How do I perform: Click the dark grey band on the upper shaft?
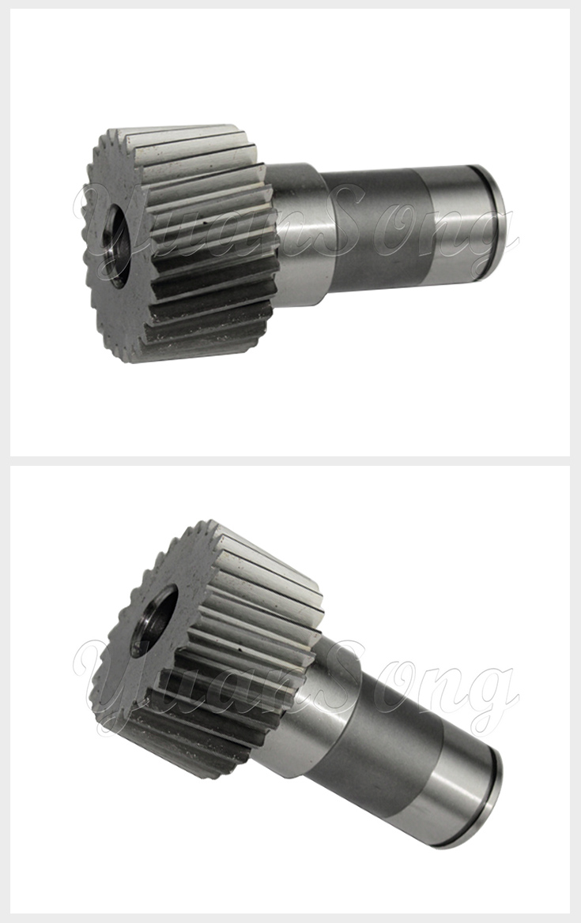coord(372,229)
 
